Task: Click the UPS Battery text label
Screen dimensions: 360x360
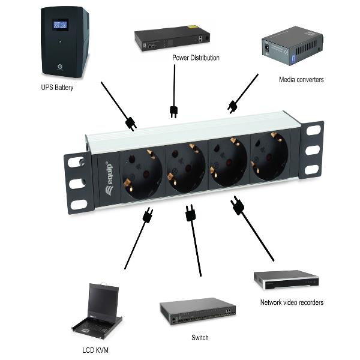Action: (58, 87)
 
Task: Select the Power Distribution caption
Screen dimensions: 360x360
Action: (196, 58)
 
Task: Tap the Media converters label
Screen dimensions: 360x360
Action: (301, 79)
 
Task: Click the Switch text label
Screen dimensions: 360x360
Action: (200, 338)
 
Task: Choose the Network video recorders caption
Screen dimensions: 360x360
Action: (292, 302)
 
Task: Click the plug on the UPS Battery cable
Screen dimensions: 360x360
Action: (130, 124)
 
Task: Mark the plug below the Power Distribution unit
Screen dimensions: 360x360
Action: (174, 112)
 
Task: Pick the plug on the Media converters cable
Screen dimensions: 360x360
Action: (233, 107)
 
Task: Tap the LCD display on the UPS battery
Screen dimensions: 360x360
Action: (59, 25)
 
